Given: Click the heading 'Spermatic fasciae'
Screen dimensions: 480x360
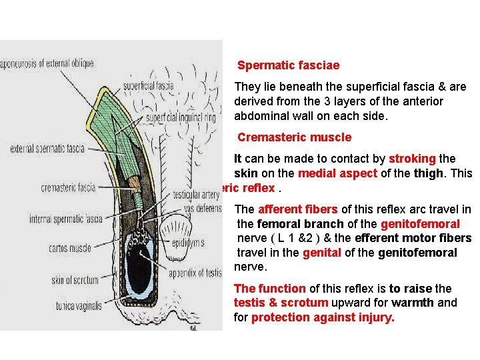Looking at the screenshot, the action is click(x=288, y=65).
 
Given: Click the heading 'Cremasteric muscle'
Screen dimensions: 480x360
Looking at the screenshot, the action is click(x=294, y=137).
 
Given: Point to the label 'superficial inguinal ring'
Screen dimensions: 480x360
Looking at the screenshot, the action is click(x=181, y=118).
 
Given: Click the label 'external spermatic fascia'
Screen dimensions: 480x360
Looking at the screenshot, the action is click(x=47, y=148).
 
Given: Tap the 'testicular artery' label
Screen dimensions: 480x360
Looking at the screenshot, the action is click(x=195, y=195).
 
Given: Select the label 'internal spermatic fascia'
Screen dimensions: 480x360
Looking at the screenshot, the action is click(x=65, y=218).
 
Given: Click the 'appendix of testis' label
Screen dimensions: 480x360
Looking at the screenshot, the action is click(x=195, y=273).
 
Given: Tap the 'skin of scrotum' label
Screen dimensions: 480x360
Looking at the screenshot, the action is click(x=74, y=280).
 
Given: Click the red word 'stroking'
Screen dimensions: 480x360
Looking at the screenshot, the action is click(x=413, y=159).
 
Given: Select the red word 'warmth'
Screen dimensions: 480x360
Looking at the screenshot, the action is click(x=412, y=303).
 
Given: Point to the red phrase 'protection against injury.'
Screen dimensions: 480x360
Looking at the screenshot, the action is click(x=323, y=317).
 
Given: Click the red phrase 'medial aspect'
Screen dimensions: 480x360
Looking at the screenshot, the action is click(x=331, y=173).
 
